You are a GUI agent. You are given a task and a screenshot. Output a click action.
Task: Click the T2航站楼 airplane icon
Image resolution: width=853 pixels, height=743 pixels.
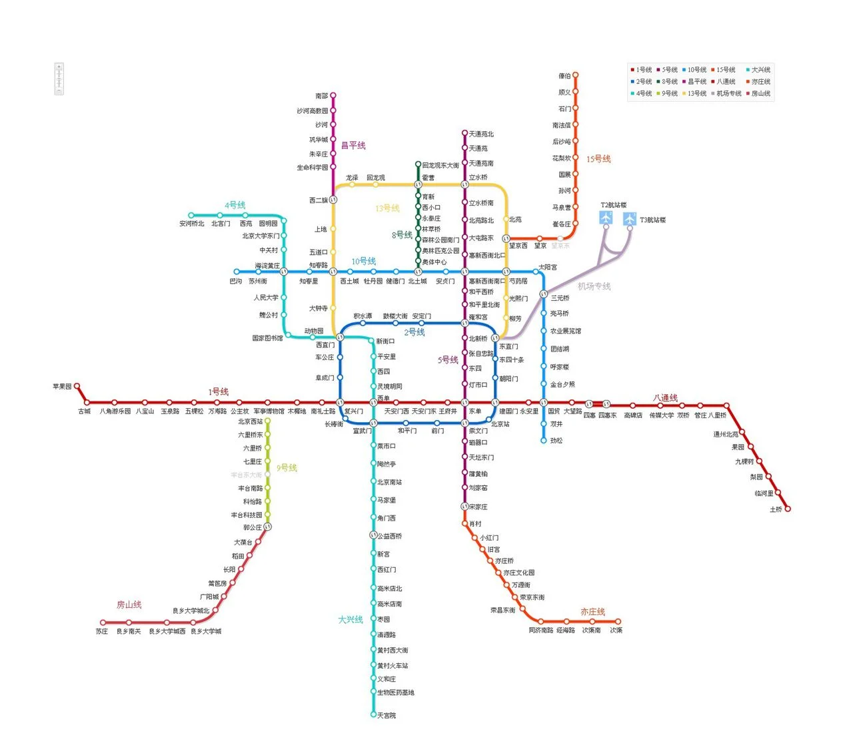[606, 218]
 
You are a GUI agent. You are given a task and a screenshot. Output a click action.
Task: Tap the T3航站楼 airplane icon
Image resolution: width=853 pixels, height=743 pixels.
[630, 218]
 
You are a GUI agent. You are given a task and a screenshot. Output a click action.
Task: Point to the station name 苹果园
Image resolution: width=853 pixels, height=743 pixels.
[62, 386]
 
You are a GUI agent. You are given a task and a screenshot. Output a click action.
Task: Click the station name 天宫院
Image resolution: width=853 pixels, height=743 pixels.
[387, 716]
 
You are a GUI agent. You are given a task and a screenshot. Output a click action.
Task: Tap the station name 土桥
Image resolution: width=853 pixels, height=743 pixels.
[776, 509]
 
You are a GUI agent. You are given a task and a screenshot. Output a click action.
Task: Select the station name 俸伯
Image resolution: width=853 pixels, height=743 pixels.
[564, 76]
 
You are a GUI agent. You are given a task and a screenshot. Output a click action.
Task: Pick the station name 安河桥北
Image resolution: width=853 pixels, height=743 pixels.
[192, 224]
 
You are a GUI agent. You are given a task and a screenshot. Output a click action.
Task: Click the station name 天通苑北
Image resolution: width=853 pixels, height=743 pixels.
[481, 134]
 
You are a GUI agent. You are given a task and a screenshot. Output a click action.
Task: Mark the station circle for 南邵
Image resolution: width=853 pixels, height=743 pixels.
[333, 95]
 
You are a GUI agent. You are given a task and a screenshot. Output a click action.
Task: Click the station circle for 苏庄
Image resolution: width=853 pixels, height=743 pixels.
[103, 622]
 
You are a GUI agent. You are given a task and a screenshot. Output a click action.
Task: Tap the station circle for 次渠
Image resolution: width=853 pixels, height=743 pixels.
[618, 622]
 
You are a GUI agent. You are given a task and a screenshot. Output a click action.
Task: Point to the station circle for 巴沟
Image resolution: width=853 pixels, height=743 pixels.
[236, 272]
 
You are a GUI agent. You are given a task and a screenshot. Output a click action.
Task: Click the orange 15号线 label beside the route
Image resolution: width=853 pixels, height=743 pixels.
[598, 158]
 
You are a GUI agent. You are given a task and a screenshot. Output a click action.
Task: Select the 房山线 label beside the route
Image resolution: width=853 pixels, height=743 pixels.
[129, 605]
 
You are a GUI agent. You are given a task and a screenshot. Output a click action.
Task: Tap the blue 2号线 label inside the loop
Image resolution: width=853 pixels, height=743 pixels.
[414, 332]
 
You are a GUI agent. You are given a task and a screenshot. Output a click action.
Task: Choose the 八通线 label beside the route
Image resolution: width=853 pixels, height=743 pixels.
[665, 398]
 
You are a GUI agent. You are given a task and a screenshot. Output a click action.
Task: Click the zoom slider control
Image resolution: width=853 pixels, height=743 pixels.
[59, 79]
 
